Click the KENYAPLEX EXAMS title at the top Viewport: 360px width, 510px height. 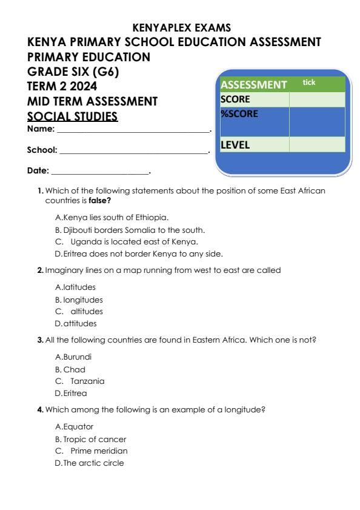tap(180, 27)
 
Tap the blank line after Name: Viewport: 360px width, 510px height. tap(132, 130)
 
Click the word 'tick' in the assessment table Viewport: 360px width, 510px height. tap(309, 81)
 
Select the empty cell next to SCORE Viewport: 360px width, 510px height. tap(317, 99)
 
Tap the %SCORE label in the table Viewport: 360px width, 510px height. tap(237, 113)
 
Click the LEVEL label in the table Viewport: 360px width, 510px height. tap(235, 145)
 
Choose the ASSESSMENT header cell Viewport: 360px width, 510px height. tap(253, 85)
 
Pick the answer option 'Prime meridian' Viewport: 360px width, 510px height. tap(99, 451)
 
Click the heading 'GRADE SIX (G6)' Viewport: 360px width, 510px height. tap(73, 72)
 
